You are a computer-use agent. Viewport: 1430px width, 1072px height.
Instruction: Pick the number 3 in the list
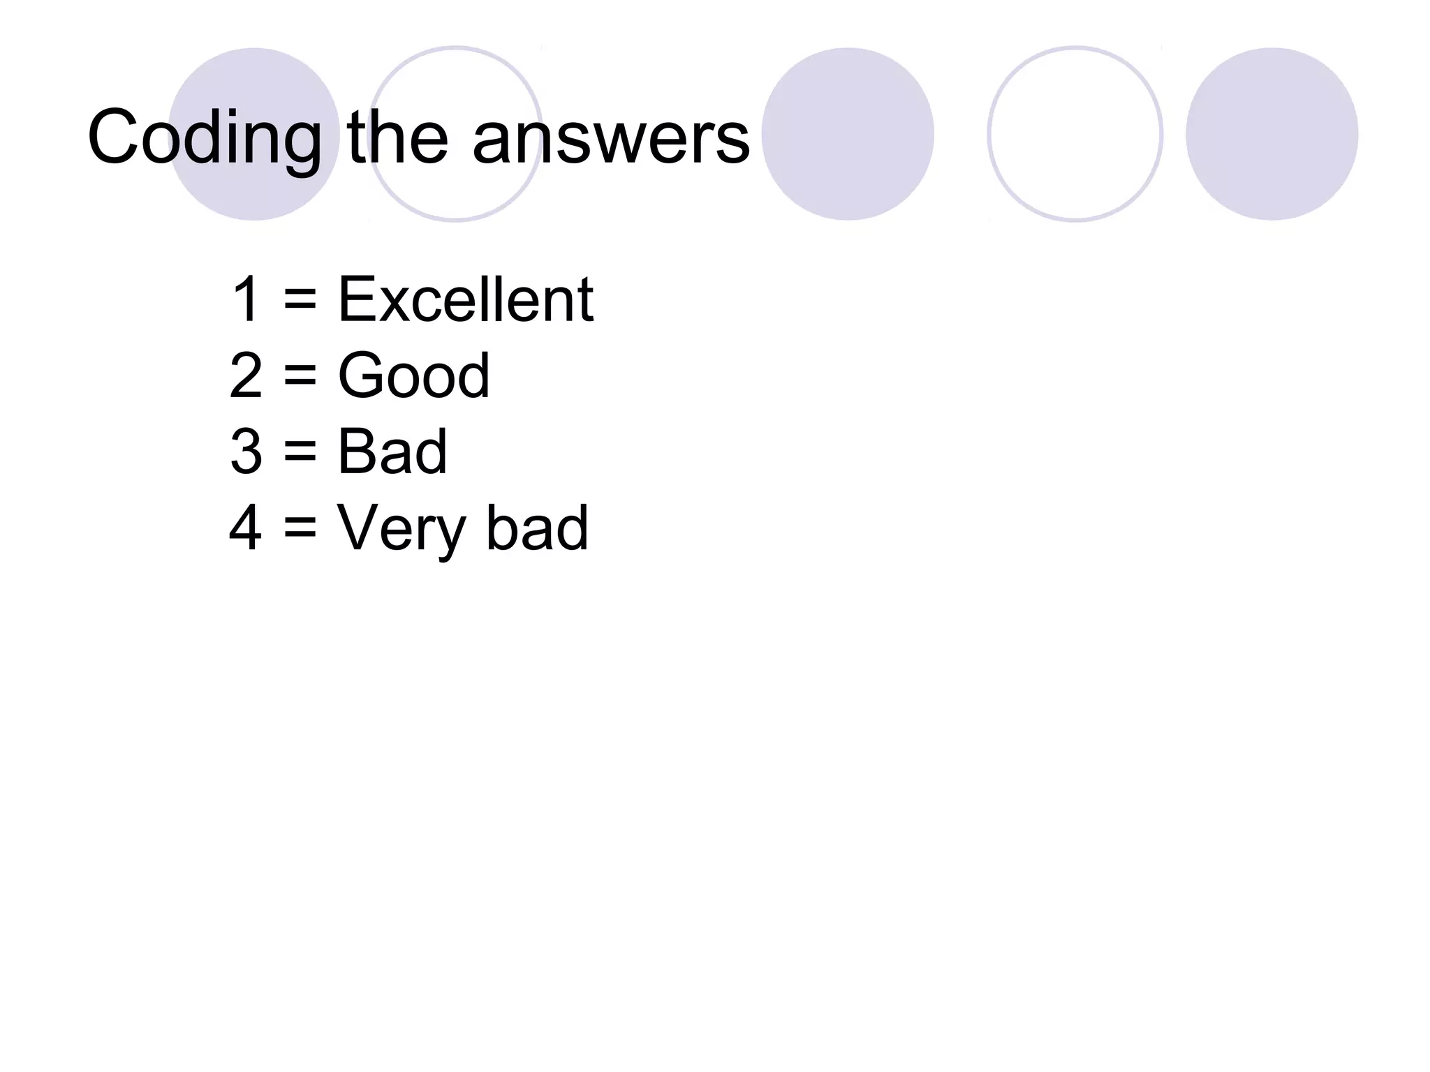(246, 452)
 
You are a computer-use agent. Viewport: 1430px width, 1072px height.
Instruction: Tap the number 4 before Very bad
(246, 528)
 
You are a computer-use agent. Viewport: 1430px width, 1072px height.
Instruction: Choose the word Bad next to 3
(392, 452)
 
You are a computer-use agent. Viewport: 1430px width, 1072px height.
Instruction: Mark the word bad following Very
(537, 528)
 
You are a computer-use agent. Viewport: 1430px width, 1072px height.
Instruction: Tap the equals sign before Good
(300, 377)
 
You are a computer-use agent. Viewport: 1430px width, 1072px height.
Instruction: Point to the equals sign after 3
(300, 453)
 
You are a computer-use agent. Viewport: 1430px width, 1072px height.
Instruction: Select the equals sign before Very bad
(300, 529)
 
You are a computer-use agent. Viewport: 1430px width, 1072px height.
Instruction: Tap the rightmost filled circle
(1271, 134)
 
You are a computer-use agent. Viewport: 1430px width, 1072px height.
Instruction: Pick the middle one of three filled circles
(848, 134)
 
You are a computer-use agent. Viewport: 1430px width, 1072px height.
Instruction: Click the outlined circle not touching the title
(1075, 134)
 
